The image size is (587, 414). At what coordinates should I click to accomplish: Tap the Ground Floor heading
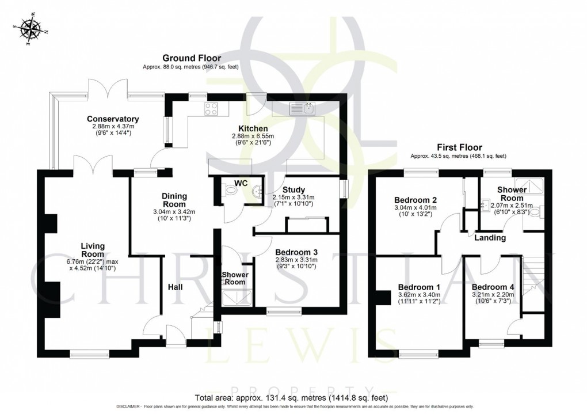click(191, 58)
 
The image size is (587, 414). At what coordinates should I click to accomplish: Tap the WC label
click(241, 183)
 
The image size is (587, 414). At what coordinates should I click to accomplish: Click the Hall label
click(176, 286)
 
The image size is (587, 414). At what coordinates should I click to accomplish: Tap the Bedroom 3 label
click(296, 252)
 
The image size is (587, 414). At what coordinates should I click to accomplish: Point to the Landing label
click(490, 237)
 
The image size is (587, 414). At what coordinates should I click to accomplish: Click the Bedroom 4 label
click(493, 287)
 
